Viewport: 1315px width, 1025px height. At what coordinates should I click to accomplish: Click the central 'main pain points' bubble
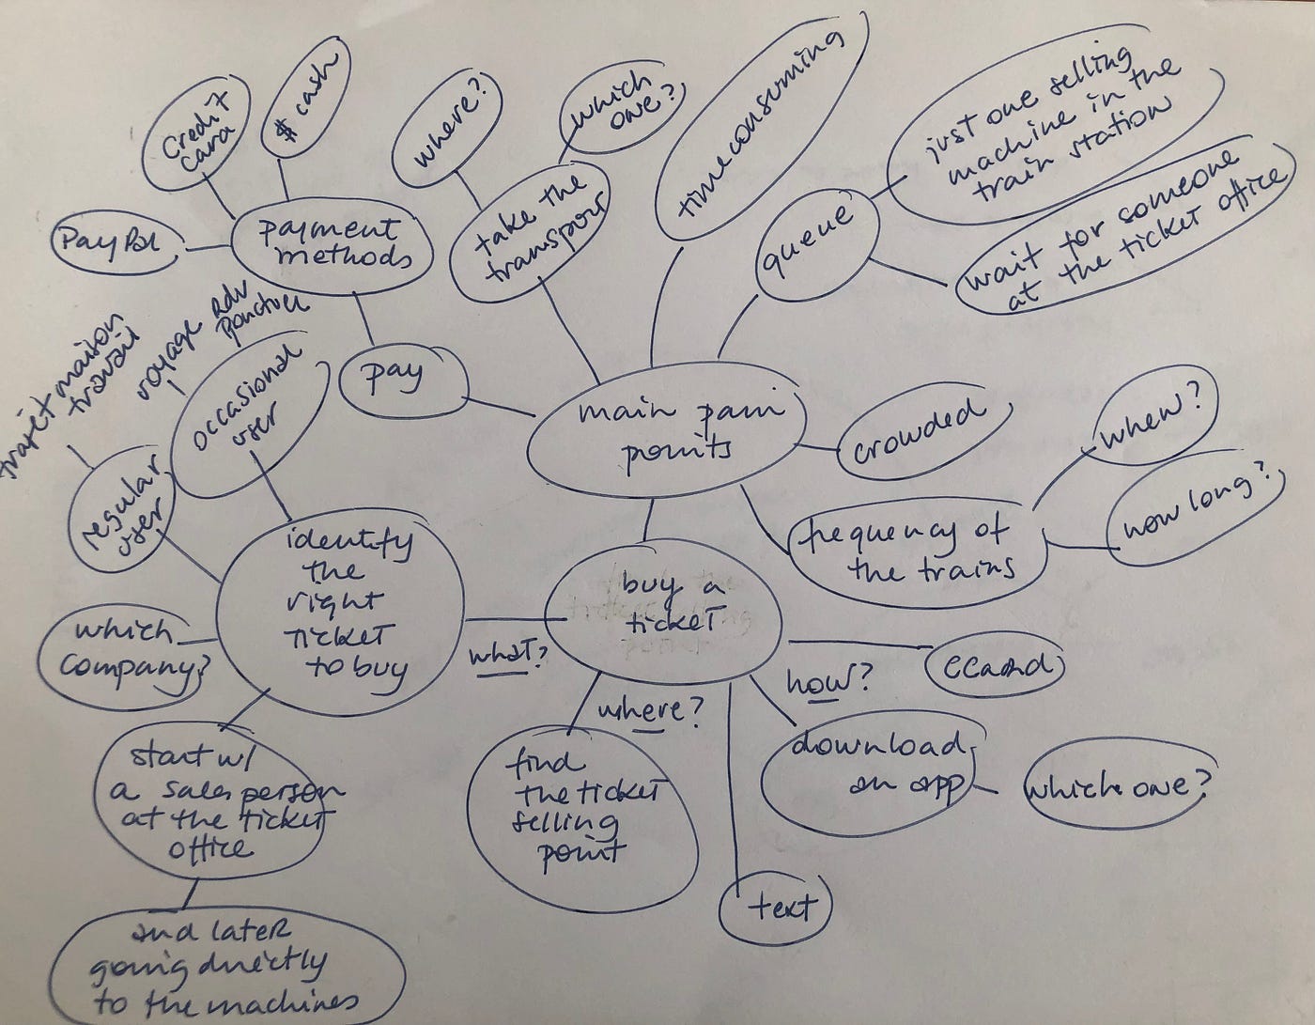pyautogui.click(x=667, y=432)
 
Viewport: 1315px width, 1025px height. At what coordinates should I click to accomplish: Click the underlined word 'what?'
pyautogui.click(x=507, y=653)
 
